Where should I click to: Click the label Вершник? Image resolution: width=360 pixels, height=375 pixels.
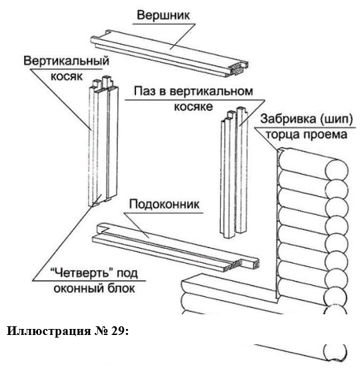(x=163, y=15)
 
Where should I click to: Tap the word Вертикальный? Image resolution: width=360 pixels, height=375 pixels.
(x=66, y=61)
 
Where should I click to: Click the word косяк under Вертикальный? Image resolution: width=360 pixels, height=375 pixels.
(x=67, y=76)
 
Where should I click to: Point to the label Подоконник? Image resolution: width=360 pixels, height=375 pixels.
(x=164, y=204)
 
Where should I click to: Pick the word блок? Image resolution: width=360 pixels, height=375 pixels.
(x=121, y=288)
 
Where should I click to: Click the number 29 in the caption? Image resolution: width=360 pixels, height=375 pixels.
(x=118, y=331)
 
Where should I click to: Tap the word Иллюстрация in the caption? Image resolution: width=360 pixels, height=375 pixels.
(x=49, y=331)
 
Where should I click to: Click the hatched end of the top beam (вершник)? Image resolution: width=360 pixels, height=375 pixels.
(x=239, y=69)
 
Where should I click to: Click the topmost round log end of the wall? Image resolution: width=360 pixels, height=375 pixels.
(x=337, y=171)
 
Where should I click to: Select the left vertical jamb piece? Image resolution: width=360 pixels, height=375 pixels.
(x=103, y=141)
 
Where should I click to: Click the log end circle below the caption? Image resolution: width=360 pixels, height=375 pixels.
(x=335, y=352)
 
